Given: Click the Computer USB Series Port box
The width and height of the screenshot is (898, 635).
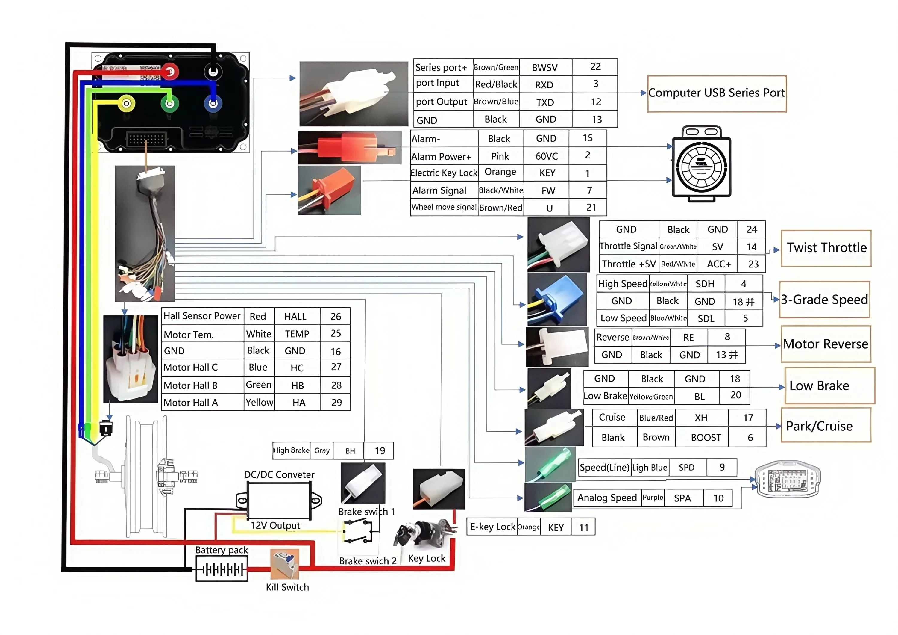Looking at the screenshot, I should pyautogui.click(x=717, y=93).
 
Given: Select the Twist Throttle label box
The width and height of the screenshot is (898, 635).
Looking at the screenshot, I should pyautogui.click(x=826, y=248).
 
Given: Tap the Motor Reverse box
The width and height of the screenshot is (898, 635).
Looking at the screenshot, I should pyautogui.click(x=826, y=344).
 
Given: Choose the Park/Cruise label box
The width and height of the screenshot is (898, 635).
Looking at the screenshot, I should pyautogui.click(x=826, y=425).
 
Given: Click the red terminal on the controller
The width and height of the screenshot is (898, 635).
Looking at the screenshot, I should pyautogui.click(x=170, y=72).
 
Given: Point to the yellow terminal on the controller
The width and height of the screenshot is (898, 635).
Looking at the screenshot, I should pyautogui.click(x=126, y=104).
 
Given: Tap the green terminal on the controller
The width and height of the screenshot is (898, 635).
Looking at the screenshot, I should pyautogui.click(x=170, y=104).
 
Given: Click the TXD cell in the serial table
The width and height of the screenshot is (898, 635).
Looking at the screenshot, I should pyautogui.click(x=545, y=102).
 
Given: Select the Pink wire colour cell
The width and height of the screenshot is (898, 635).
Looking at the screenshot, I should pyautogui.click(x=500, y=156).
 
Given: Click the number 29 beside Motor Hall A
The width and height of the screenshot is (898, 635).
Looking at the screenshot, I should pyautogui.click(x=336, y=403).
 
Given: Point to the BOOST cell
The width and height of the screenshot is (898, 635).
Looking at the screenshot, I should pyautogui.click(x=706, y=437).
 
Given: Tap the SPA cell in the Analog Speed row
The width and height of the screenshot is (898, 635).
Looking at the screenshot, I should pyautogui.click(x=682, y=498).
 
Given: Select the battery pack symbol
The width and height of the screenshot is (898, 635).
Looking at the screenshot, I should pyautogui.click(x=222, y=569).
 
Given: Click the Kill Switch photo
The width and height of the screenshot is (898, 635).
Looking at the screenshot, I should pyautogui.click(x=285, y=564).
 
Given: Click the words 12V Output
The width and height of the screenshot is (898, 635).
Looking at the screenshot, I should pyautogui.click(x=275, y=525).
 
